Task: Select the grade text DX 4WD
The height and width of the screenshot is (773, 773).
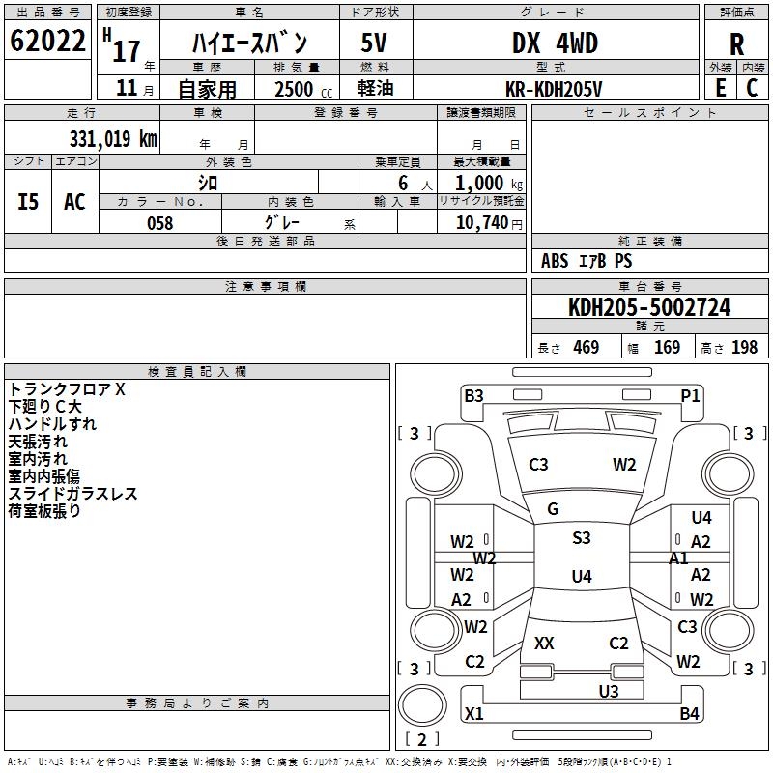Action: click(555, 43)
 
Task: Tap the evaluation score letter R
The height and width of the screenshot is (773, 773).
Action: click(736, 44)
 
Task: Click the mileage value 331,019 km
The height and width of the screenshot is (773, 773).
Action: click(113, 138)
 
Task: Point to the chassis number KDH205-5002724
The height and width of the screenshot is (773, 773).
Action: click(649, 308)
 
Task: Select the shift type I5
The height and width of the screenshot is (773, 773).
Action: click(28, 202)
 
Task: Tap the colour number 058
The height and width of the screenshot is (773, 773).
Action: click(159, 223)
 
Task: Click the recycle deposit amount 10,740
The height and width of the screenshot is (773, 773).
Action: click(481, 223)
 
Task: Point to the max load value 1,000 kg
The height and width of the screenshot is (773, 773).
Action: click(481, 184)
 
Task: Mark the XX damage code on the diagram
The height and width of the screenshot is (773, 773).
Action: click(545, 644)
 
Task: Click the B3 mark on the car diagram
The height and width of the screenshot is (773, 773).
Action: click(473, 395)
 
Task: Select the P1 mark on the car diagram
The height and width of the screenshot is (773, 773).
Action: click(690, 395)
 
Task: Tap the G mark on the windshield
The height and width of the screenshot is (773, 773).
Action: click(553, 509)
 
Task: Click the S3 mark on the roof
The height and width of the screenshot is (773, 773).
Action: click(581, 538)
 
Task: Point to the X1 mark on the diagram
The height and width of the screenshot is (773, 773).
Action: click(473, 714)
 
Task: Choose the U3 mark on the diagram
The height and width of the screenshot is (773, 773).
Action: click(609, 691)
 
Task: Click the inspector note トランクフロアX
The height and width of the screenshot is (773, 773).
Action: click(67, 389)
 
